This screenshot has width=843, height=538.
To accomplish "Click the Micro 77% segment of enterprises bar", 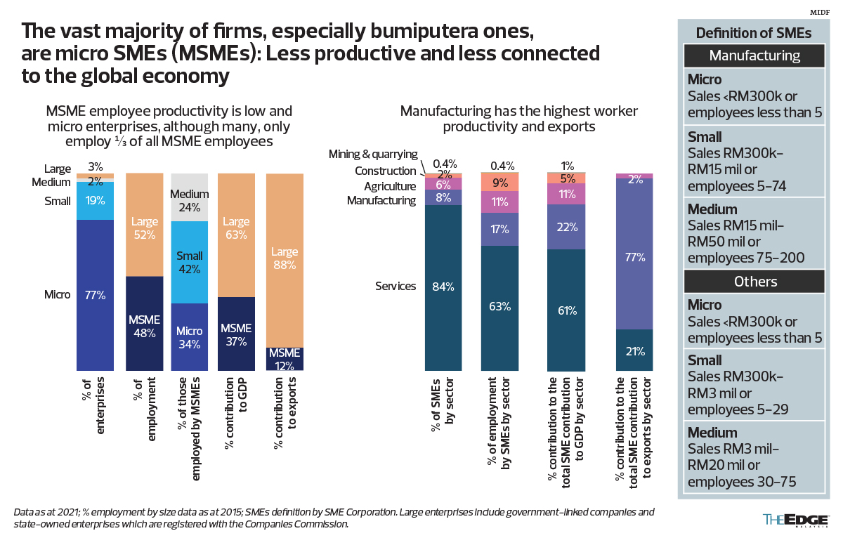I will tap(95, 295).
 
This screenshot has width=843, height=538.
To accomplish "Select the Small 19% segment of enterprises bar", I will tap(95, 201).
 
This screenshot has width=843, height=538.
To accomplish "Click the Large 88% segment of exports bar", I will tap(285, 260).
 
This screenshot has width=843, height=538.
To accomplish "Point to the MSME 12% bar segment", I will tap(285, 359).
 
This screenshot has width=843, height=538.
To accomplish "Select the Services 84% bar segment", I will tap(443, 287).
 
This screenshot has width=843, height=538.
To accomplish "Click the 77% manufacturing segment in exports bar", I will tap(634, 256).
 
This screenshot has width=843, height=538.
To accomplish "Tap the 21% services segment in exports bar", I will tap(634, 350).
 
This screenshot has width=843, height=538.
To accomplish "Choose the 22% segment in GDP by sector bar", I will tap(567, 227).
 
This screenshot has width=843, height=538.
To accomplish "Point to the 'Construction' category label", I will tap(386, 171).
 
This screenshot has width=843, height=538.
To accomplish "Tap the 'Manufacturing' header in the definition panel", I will tap(754, 55).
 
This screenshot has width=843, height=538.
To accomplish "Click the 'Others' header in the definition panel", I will tap(754, 281).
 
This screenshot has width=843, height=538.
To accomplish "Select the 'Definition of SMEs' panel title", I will tap(754, 33).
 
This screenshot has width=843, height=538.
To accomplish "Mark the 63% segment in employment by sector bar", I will tap(499, 308).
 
